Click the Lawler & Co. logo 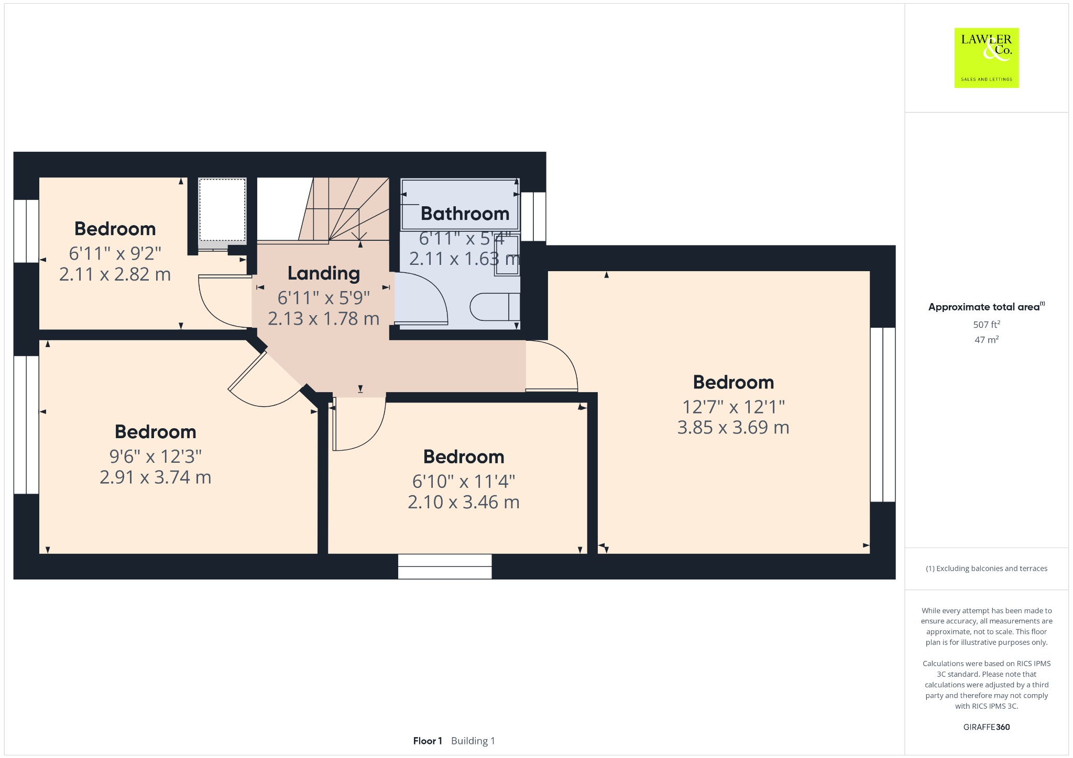[x=986, y=58]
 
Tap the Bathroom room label [x=465, y=214]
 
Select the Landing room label [x=324, y=273]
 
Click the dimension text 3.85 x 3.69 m [x=733, y=428]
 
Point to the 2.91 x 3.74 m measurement [x=156, y=477]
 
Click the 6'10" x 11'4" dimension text [x=464, y=481]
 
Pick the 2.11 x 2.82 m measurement [x=115, y=274]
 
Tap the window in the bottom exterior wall [x=445, y=566]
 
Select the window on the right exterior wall [x=883, y=415]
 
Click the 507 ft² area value [x=987, y=325]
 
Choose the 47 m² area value [x=987, y=340]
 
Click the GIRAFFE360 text [x=987, y=727]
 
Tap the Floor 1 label [x=428, y=741]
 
